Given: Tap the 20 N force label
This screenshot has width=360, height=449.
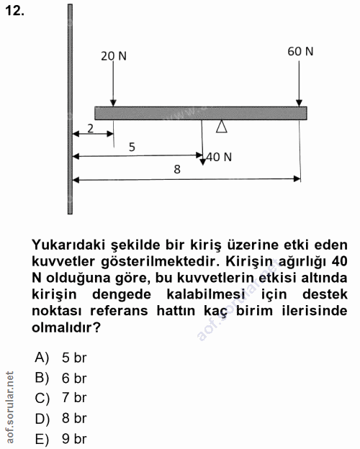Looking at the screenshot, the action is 113,56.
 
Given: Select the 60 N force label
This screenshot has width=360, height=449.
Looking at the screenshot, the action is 300,51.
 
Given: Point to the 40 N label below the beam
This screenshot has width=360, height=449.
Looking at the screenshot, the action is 219,156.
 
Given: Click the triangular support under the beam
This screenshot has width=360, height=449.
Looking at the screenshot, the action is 222,127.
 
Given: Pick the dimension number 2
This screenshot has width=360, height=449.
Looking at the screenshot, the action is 91,128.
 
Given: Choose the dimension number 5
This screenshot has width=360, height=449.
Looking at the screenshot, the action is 132,147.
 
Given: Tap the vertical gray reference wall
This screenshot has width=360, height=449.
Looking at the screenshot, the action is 69,108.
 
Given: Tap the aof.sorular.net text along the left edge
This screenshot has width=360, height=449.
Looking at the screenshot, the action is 9,406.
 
